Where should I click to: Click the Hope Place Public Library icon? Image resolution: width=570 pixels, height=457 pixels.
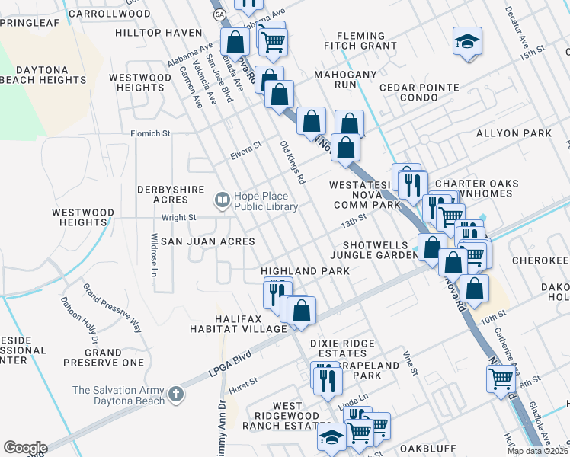pyautogui.click(x=222, y=200)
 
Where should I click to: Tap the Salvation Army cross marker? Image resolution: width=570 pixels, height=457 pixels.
pyautogui.click(x=176, y=395)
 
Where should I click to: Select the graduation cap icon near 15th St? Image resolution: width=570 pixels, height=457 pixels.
pyautogui.click(x=467, y=41)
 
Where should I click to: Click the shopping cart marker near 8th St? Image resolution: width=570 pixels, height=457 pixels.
pyautogui.click(x=501, y=378)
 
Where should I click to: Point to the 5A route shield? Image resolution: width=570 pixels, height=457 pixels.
pyautogui.click(x=219, y=14)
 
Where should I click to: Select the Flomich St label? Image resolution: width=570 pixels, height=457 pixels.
pyautogui.click(x=150, y=133)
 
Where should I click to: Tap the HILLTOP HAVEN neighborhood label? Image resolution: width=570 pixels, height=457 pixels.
pyautogui.click(x=159, y=33)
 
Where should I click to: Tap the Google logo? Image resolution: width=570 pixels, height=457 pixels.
pyautogui.click(x=25, y=448)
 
